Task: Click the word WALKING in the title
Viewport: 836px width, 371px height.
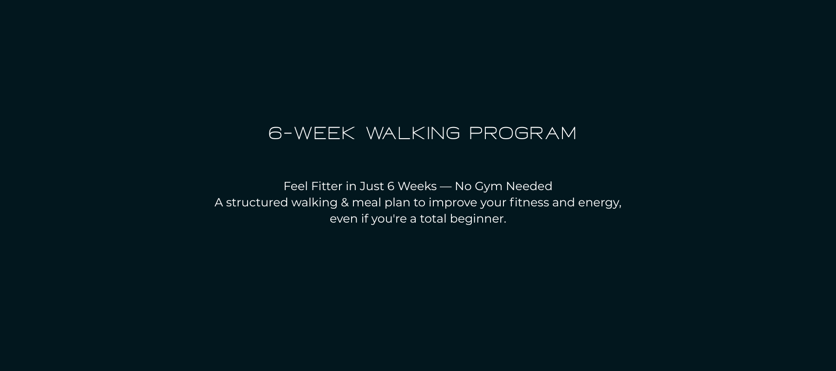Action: click(413, 133)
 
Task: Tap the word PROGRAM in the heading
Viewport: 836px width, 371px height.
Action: click(522, 133)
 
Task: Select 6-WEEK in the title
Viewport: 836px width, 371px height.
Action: click(312, 133)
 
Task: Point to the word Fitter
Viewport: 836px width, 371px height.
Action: click(327, 186)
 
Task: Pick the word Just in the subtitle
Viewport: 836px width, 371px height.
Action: click(372, 186)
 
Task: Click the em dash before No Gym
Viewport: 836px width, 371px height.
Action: click(445, 186)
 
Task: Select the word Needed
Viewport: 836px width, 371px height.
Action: click(529, 186)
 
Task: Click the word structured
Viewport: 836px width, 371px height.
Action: click(257, 203)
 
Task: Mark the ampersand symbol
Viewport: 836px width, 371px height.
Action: click(345, 203)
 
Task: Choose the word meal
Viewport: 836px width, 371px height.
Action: click(366, 203)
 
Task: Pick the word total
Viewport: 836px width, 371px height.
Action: click(433, 219)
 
